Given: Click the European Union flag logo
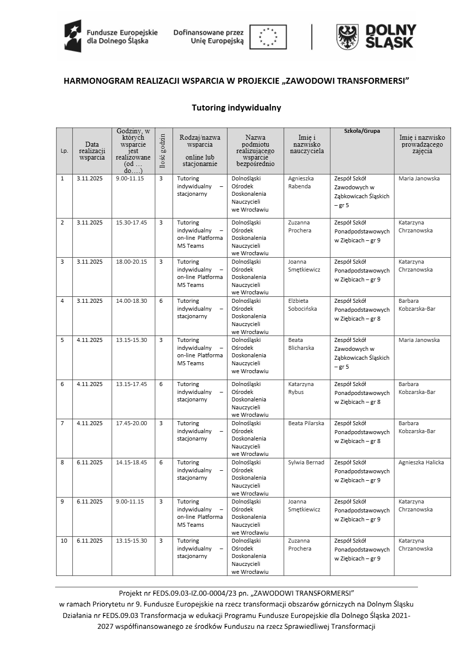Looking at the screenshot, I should [x=268, y=37].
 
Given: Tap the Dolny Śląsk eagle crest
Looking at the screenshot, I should [x=348, y=37].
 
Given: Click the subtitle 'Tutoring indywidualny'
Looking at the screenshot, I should [x=236, y=108].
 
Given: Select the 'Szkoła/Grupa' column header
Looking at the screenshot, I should [x=362, y=131].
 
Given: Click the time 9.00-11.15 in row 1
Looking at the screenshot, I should [x=130, y=178].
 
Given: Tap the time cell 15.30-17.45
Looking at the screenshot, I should [x=131, y=223].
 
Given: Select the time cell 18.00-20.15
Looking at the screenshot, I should [x=131, y=262].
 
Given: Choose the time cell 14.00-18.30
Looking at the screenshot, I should [x=131, y=301].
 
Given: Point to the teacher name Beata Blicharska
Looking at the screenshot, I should [x=301, y=344].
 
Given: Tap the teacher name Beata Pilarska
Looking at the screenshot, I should [x=306, y=423].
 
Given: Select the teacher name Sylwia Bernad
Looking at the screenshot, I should [x=306, y=462].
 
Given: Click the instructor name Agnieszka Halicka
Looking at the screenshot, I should [x=421, y=462].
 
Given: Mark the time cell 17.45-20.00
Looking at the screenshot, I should [x=131, y=423].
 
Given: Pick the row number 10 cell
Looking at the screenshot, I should [x=64, y=541].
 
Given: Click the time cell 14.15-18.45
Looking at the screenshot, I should [x=131, y=462].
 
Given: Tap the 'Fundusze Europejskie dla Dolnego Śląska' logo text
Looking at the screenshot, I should [x=122, y=37].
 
